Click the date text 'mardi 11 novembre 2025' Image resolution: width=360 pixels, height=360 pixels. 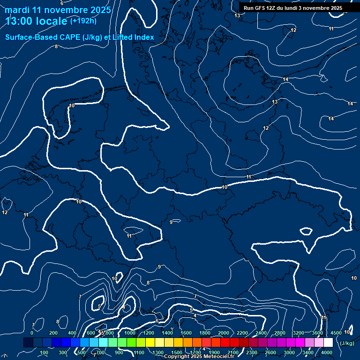[58, 10]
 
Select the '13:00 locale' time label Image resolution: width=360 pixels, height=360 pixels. [37, 21]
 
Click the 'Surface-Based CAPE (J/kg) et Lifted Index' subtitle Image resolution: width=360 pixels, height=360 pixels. [80, 37]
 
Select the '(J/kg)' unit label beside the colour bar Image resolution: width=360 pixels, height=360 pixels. [347, 343]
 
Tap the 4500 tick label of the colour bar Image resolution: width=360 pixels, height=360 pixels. [336, 333]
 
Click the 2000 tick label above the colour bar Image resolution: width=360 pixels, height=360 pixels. [224, 333]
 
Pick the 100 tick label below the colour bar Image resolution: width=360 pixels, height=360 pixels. [45, 352]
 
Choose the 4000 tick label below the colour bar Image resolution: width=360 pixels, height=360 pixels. [327, 352]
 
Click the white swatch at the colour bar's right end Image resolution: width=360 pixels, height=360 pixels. [328, 343]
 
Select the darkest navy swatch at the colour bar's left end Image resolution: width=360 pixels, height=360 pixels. [28, 343]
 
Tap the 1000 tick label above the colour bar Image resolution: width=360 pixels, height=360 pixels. [130, 333]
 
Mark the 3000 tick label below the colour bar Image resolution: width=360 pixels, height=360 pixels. [289, 352]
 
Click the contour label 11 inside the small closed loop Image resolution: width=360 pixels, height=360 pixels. [129, 236]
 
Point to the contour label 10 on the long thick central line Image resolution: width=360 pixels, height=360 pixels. [224, 187]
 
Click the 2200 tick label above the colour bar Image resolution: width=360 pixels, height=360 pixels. [242, 333]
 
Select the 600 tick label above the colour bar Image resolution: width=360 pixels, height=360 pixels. [90, 333]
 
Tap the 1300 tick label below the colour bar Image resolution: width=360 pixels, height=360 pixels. [158, 352]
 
